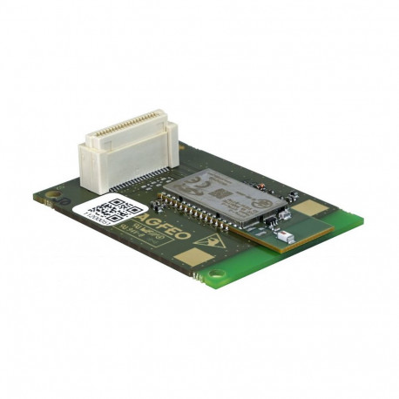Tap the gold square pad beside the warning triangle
(x=191, y=258)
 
